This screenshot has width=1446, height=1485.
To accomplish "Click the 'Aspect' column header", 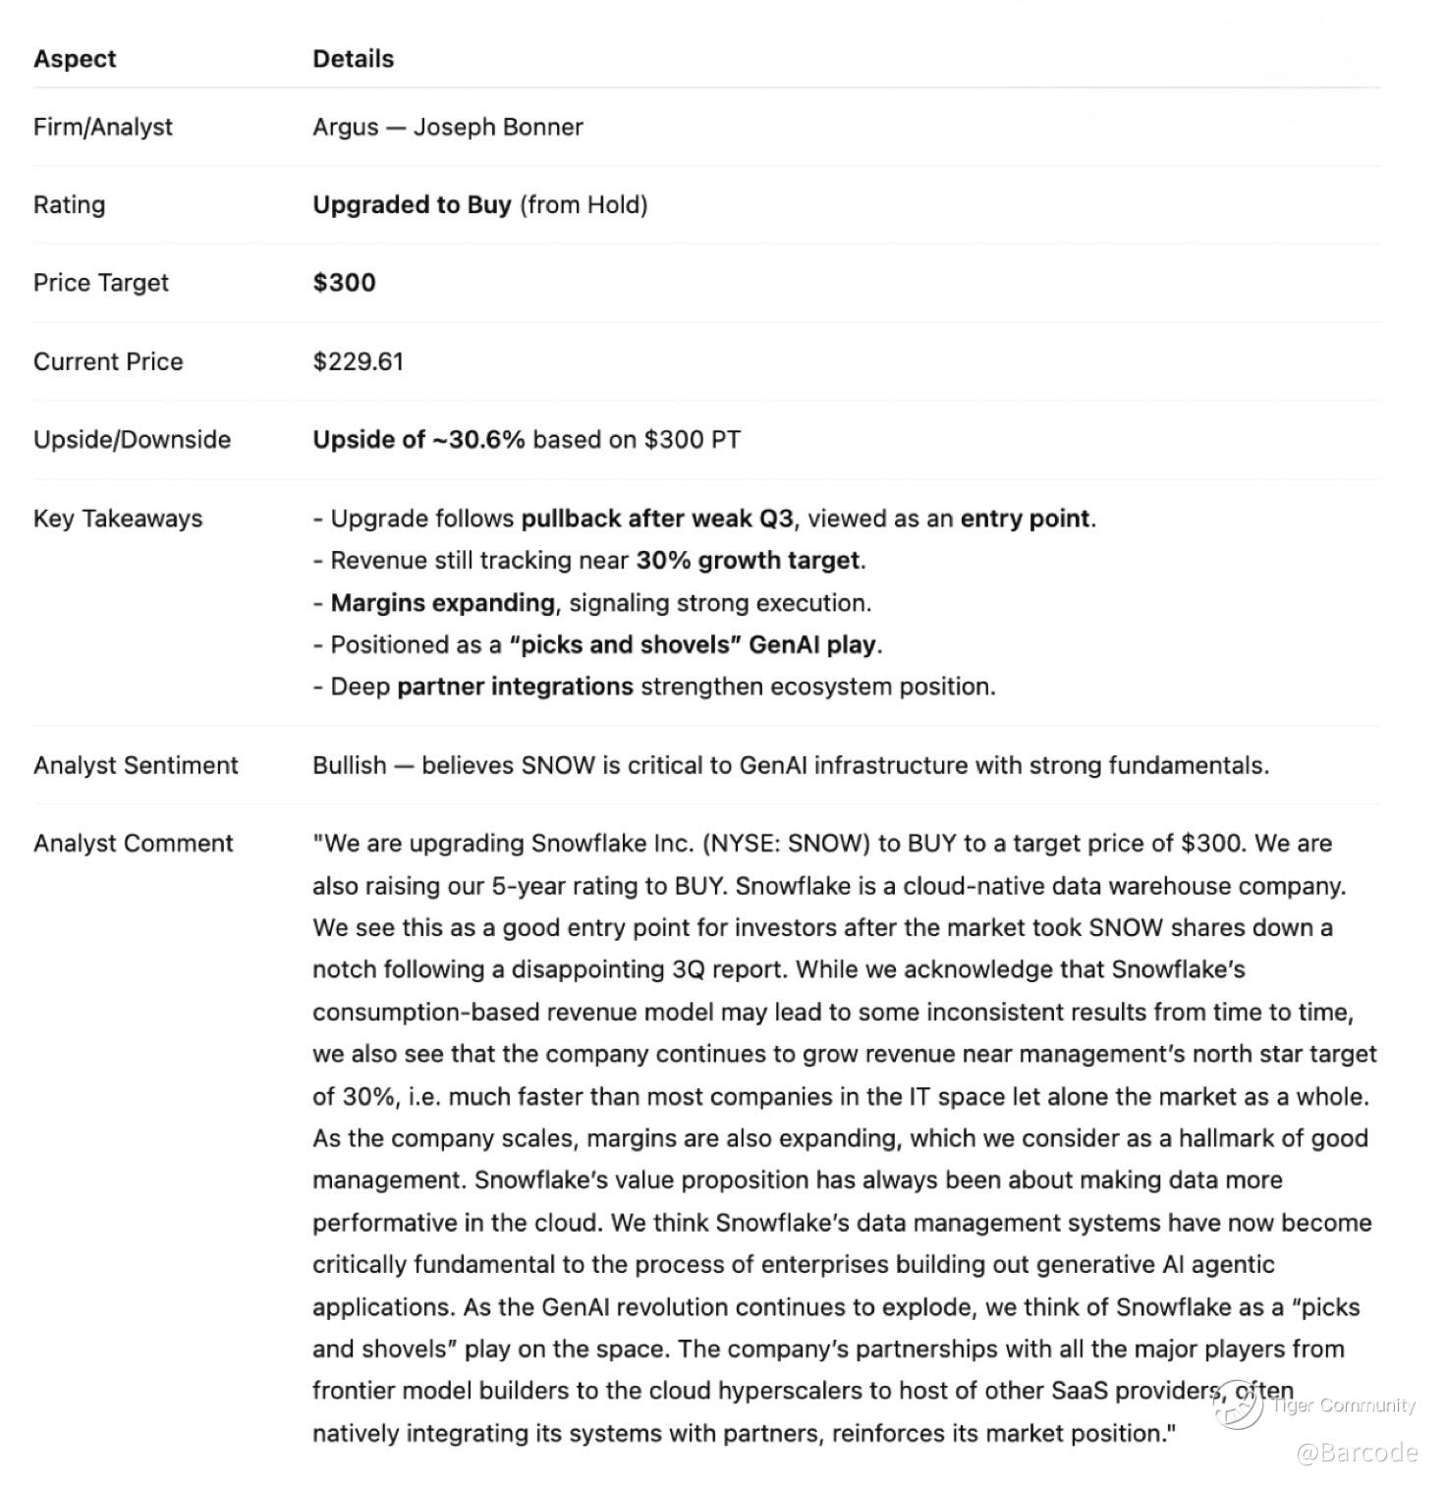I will point(75,59).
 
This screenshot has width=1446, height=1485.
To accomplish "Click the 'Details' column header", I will point(353,59).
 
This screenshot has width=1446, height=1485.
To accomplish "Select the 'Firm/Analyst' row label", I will point(102,127).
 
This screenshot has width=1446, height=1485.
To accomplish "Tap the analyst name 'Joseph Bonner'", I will point(498,127).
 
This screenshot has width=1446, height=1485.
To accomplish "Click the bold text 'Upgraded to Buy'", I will point(412,204).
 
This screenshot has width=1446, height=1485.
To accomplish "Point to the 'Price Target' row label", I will point(100,283).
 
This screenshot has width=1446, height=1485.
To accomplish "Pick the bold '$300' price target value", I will point(344,283).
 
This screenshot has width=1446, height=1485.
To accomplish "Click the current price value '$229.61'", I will point(358,361).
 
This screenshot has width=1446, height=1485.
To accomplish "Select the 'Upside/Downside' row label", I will point(132,439).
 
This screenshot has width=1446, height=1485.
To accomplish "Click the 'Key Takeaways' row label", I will point(118,519).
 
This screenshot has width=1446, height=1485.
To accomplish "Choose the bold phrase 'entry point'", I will point(1026,519).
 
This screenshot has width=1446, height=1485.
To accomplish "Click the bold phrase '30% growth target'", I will point(749,561).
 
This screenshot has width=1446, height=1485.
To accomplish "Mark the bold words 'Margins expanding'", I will point(443,603).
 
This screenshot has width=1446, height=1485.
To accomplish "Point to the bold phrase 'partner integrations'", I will point(515,687).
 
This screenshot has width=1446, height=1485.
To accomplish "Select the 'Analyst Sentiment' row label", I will point(136,765).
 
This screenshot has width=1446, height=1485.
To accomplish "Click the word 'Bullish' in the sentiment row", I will point(349,765).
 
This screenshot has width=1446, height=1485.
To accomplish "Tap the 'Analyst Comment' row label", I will point(133,844).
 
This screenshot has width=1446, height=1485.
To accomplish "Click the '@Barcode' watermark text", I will point(1357,1453).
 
